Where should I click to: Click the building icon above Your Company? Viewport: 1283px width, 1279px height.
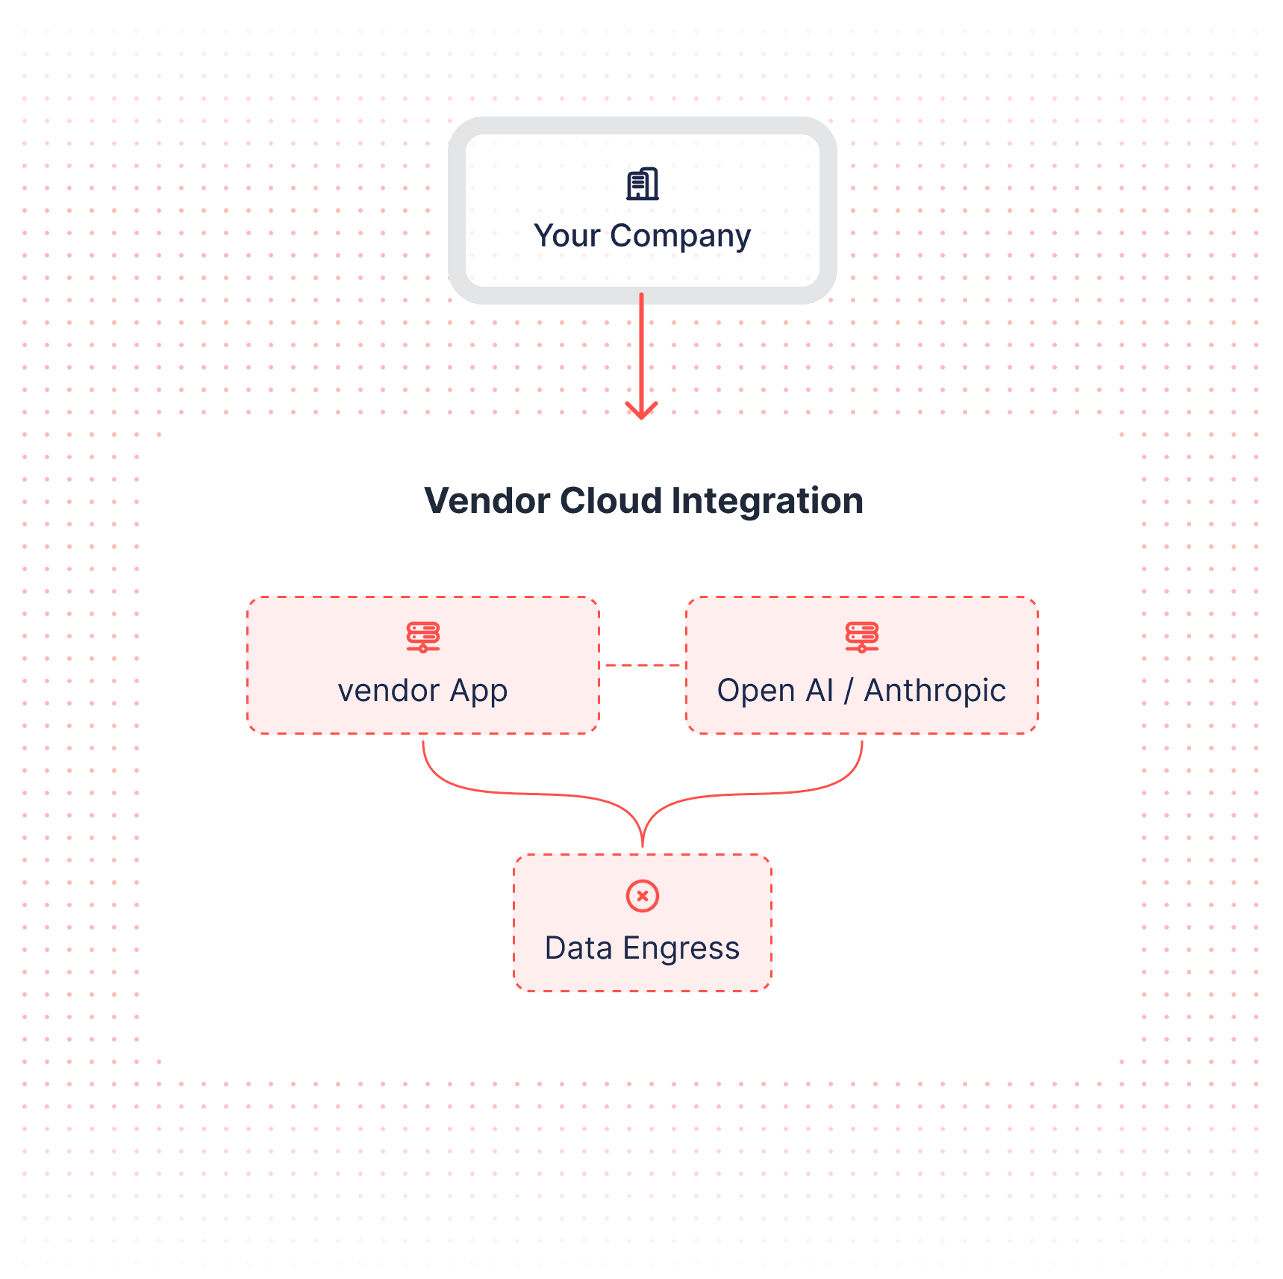coord(642,184)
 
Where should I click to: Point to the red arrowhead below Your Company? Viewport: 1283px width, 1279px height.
coord(641,411)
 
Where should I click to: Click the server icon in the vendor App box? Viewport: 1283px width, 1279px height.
coord(423,637)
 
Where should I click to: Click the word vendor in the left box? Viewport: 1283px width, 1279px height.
coord(388,691)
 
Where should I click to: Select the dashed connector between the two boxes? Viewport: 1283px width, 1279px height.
coord(643,665)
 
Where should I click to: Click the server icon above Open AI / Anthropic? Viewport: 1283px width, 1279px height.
coord(861,637)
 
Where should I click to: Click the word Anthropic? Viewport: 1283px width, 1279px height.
coord(934,691)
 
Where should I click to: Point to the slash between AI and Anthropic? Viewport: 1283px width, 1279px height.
coord(848,691)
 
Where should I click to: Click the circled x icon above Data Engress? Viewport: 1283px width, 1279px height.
coord(642,895)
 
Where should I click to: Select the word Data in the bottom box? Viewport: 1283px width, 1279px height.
coord(578,948)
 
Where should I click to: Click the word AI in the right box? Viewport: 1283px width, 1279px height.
coord(819,691)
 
